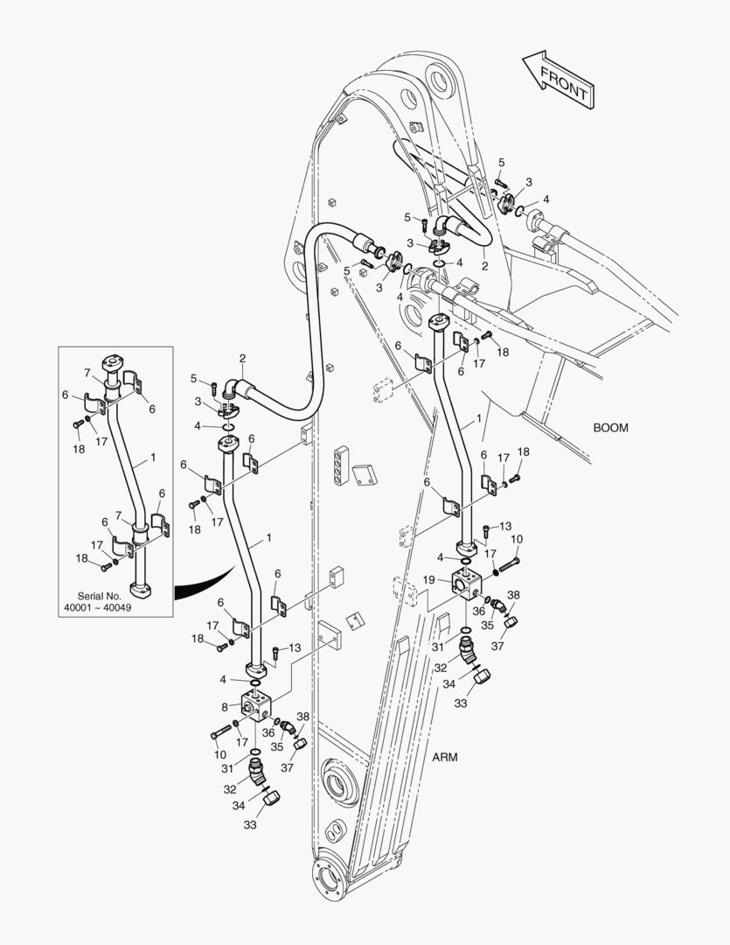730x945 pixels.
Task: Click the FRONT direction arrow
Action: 559,79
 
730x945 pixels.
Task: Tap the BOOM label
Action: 611,428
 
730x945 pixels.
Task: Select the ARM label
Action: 445,757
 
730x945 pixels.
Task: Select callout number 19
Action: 428,579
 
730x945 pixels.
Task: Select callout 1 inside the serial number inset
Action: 154,457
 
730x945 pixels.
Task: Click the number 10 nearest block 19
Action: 517,539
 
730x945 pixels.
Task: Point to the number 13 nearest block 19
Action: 504,526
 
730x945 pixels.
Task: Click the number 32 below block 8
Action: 230,788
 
